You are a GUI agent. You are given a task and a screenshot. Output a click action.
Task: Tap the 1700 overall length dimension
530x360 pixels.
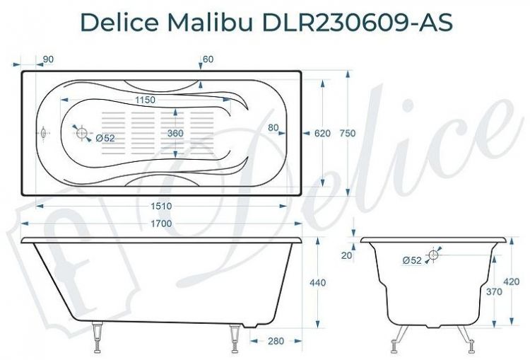162,224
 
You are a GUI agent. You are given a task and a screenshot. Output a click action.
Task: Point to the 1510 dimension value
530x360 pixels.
162,206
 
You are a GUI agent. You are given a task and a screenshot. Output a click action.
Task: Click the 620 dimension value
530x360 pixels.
322,134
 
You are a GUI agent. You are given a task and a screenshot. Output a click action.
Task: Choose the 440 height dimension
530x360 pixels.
318,283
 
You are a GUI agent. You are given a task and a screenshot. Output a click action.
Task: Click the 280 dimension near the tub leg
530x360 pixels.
275,341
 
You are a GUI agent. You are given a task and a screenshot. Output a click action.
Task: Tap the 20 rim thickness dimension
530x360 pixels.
346,255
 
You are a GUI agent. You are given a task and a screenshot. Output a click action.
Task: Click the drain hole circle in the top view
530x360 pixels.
82,133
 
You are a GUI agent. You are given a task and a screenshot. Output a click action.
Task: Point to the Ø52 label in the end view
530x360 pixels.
412,260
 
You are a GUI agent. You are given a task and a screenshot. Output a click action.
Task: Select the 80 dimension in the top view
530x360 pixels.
273,127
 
